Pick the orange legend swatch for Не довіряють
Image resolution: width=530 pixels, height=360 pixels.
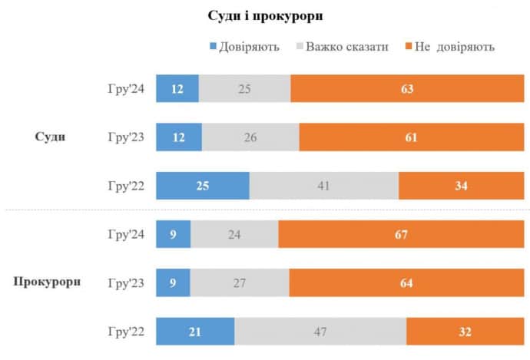click(x=409, y=47)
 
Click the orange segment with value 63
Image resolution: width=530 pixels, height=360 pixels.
click(x=407, y=89)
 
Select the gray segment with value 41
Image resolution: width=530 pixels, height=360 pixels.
click(x=324, y=186)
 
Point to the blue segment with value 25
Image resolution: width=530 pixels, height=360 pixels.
click(x=203, y=186)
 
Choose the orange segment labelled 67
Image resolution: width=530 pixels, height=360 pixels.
click(x=401, y=234)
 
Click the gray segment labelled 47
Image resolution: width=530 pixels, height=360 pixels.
click(x=320, y=332)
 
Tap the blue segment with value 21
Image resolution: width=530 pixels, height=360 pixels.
click(x=195, y=332)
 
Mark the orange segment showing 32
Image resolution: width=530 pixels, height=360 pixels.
click(x=465, y=332)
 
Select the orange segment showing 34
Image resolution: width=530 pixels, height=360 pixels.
click(x=461, y=186)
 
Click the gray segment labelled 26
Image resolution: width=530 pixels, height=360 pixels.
click(x=250, y=137)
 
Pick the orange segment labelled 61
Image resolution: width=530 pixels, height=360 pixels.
click(x=411, y=137)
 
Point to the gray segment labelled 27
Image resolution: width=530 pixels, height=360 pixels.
click(x=239, y=282)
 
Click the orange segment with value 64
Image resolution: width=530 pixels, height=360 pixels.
click(x=406, y=282)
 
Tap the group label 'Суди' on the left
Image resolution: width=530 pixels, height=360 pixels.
click(x=50, y=137)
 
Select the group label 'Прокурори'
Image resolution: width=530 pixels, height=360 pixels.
click(x=48, y=282)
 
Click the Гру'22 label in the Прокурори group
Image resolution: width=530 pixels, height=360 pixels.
click(x=125, y=332)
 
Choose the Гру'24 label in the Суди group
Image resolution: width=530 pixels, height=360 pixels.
click(x=125, y=89)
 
